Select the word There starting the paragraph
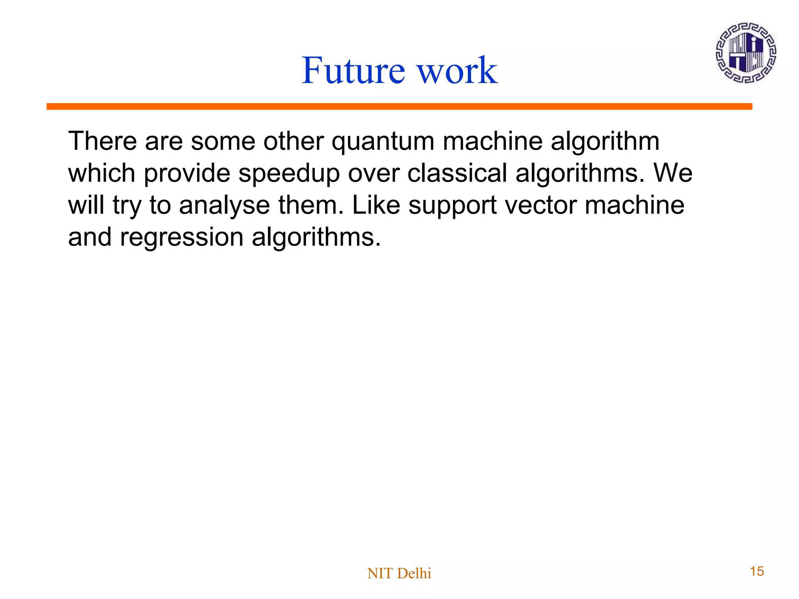click(103, 141)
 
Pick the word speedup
click(289, 174)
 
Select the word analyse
click(224, 206)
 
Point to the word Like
click(376, 205)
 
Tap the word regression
click(181, 238)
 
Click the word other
click(293, 141)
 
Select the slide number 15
click(757, 571)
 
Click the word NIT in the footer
click(376, 573)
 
